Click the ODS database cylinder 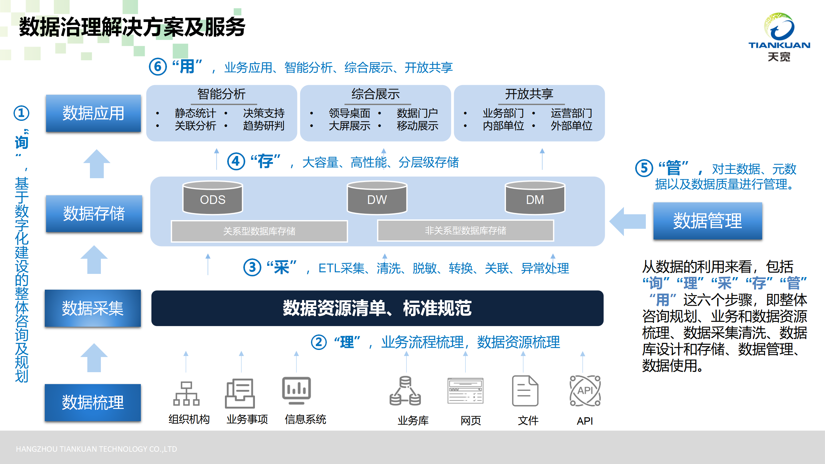213,198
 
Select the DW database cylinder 377,198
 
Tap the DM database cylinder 535,198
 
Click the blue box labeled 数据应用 93,113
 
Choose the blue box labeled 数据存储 94,214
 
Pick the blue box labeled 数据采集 93,308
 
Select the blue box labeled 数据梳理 93,402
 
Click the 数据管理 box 708,221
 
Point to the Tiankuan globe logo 779,27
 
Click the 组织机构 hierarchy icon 187,393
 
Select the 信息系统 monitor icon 296,391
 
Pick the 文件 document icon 525,391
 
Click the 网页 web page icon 465,391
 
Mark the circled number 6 158,67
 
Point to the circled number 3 252,267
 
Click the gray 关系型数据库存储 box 259,231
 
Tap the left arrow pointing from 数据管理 627,221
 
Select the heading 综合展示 375,94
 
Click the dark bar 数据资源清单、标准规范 377,308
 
